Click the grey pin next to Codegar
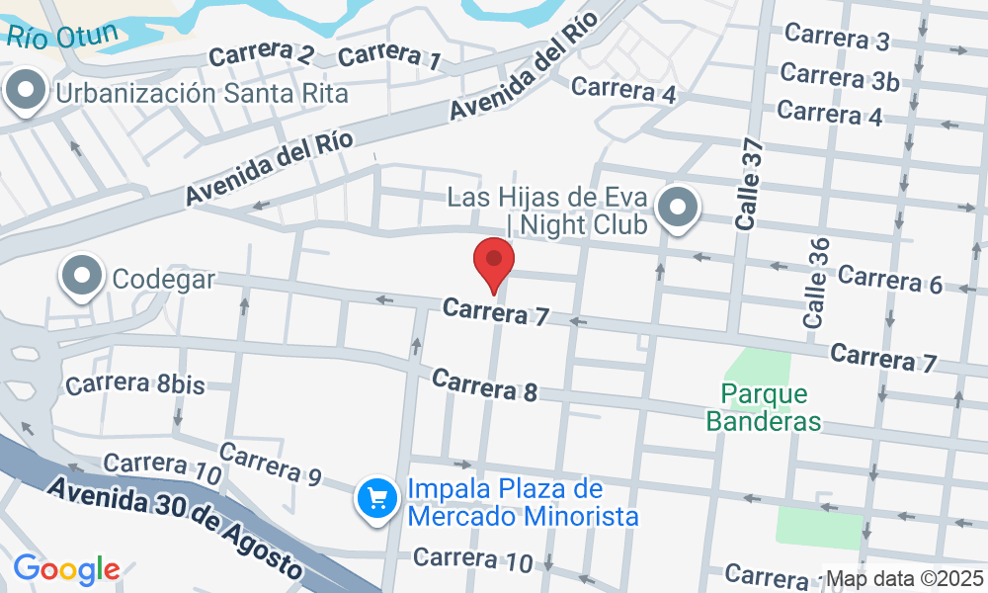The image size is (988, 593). tap(83, 277)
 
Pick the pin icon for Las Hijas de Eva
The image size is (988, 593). tap(678, 210)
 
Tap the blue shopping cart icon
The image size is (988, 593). tap(376, 497)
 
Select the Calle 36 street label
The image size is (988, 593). tap(816, 283)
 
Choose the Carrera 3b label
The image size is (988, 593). tap(839, 77)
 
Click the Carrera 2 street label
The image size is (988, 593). tap(262, 54)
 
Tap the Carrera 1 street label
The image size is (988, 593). tap(389, 55)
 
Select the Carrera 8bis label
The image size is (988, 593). tap(135, 384)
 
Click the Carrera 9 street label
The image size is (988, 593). tap(271, 464)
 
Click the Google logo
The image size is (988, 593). tap(66, 569)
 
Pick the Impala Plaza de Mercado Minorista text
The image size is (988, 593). tap(522, 503)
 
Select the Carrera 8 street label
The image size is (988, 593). tap(484, 384)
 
